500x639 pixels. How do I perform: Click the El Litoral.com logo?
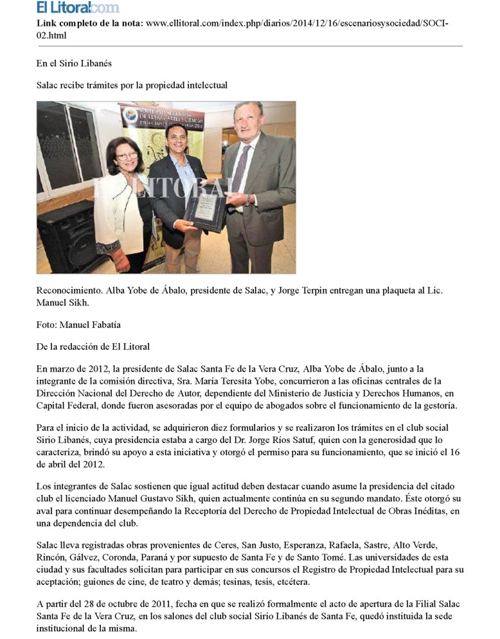point(77,8)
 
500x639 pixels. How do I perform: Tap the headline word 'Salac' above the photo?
point(48,85)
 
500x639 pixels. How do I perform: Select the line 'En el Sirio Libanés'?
point(74,64)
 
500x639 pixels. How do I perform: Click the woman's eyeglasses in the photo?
point(127,156)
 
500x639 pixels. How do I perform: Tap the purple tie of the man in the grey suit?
point(242,167)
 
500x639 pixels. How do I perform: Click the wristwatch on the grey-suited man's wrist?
point(247,200)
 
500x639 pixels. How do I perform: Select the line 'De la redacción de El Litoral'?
point(93,347)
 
